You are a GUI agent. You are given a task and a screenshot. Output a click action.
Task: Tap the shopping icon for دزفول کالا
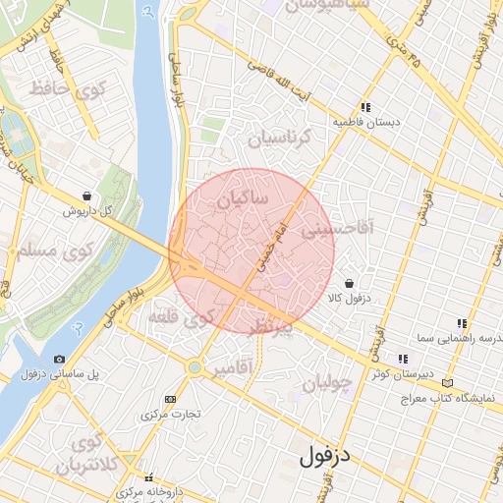pyautogui.click(x=350, y=283)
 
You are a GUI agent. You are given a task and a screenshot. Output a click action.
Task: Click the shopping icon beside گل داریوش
pyautogui.click(x=89, y=196)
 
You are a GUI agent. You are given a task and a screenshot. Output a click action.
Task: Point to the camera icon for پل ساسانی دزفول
pyautogui.click(x=60, y=360)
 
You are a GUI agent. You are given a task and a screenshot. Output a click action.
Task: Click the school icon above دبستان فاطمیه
pyautogui.click(x=365, y=107)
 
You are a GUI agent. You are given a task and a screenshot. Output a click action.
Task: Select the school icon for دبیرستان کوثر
pyautogui.click(x=402, y=359)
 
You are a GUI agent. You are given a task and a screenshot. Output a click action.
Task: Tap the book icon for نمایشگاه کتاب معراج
pyautogui.click(x=449, y=381)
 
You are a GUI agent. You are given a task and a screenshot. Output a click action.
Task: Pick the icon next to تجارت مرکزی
pyautogui.click(x=171, y=399)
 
